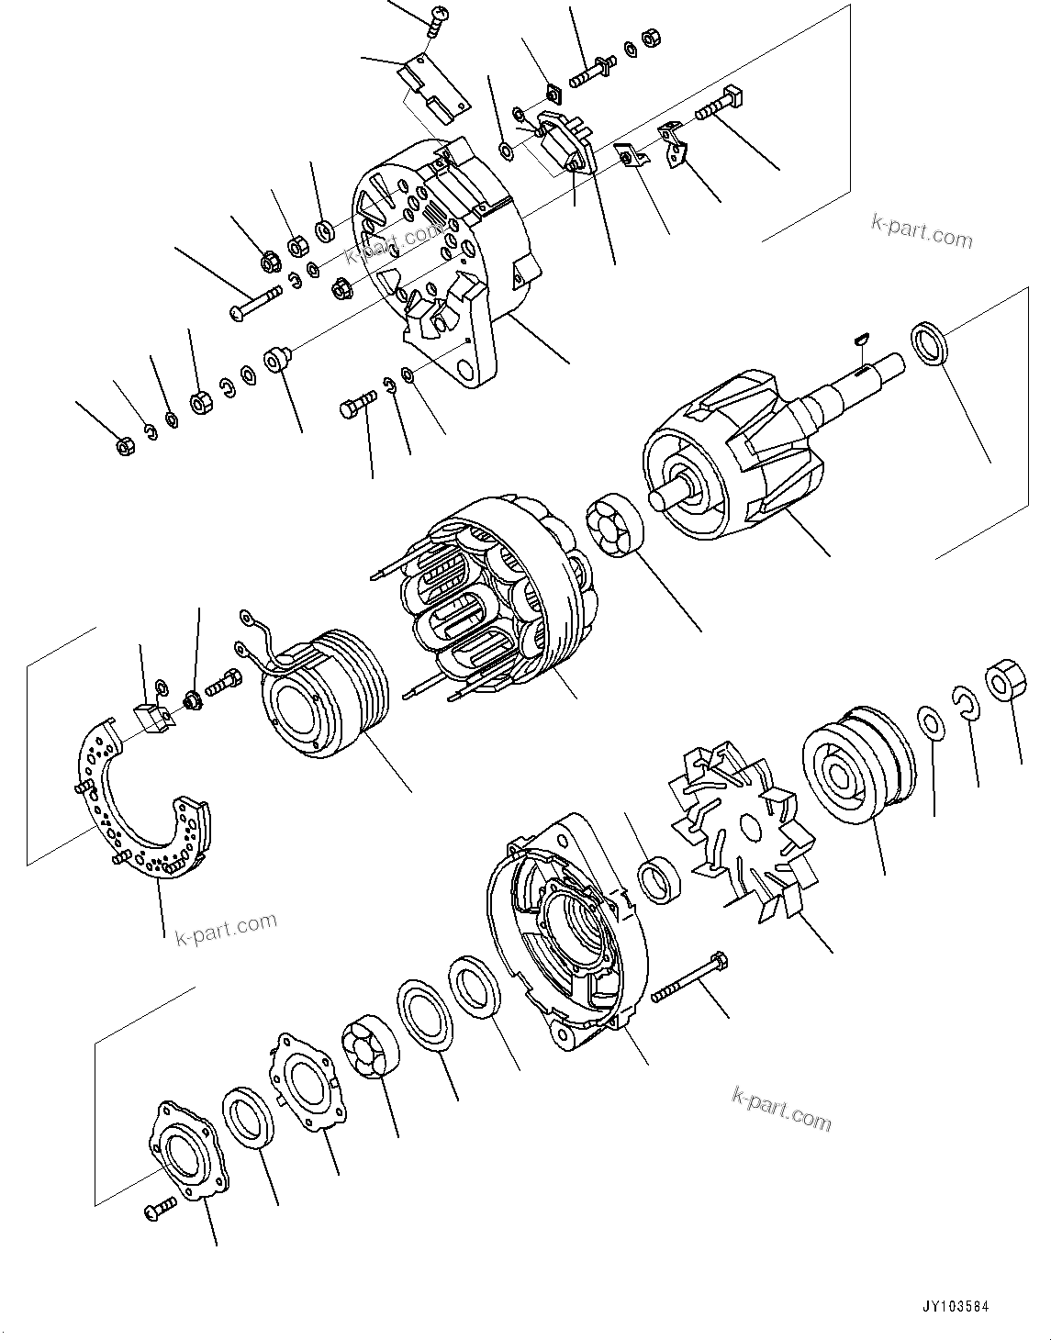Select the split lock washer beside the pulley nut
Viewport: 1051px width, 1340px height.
pos(965,703)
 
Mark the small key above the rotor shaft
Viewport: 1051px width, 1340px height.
pos(859,341)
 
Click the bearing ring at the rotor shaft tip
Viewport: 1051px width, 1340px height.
pos(931,345)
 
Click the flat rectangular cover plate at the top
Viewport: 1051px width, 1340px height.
pos(431,87)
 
